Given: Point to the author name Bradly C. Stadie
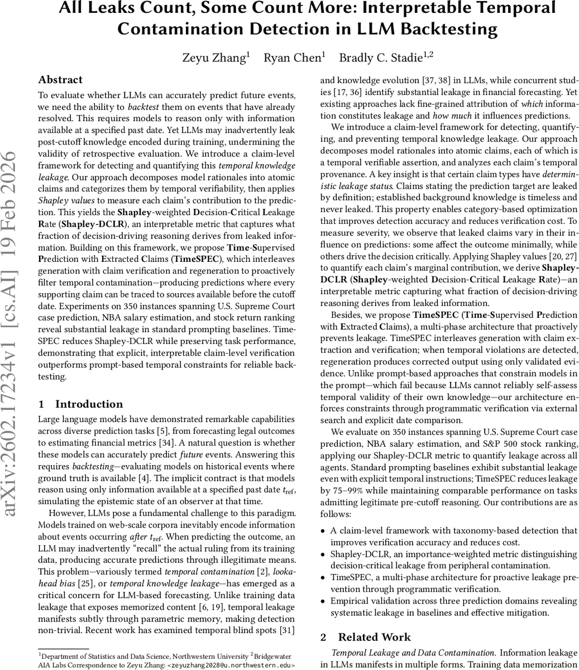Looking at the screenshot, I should tap(383, 57).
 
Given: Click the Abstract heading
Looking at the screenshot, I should tap(60, 80).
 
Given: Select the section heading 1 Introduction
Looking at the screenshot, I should tap(80, 404).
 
